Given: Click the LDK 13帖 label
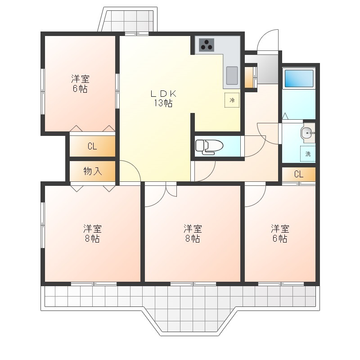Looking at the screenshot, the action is (163, 99).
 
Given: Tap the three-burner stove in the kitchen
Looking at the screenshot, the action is (207, 45).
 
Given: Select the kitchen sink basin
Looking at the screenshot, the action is (232, 76).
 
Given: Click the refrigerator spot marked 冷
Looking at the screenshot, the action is (232, 100).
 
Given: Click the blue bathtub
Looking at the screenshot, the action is (299, 78).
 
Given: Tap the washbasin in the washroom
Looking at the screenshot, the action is (308, 133).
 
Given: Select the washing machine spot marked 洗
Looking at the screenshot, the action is (308, 153).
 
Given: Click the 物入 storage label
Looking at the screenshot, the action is (93, 171).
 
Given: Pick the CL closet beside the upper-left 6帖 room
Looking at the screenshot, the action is (92, 146).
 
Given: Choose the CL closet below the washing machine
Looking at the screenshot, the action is (299, 174).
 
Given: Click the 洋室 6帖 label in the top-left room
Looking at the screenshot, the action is (80, 84).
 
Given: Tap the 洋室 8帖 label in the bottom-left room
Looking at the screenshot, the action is (92, 234).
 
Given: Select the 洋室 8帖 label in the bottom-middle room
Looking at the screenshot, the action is (193, 234).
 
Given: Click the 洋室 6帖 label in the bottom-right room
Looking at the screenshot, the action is (280, 234).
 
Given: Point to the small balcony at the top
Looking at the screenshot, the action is (128, 19).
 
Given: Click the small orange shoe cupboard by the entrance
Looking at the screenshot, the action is (249, 77).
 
